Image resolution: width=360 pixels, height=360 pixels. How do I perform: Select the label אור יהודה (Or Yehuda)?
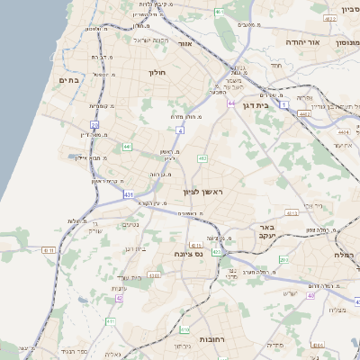(x=285, y=41)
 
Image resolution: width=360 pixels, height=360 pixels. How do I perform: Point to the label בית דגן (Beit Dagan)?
(x=257, y=104)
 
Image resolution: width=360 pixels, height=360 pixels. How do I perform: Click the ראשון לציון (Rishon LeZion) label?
(x=202, y=193)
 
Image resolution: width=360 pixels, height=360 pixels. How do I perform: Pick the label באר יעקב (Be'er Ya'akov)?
(x=266, y=232)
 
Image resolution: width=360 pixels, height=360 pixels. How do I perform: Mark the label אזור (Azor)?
(x=185, y=42)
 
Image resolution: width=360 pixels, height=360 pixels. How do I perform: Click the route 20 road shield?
(x=95, y=124)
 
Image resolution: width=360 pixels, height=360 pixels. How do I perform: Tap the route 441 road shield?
(x=128, y=146)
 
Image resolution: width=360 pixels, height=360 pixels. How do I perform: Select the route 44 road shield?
(x=231, y=103)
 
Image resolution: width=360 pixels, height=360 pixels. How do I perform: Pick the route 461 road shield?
(x=220, y=13)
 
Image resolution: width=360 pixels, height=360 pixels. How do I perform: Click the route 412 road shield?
(x=202, y=158)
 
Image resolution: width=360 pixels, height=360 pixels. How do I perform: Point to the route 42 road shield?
(x=119, y=298)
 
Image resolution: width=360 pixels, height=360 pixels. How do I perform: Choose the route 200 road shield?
(x=283, y=260)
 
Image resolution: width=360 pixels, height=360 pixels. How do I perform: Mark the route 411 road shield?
(x=111, y=321)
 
